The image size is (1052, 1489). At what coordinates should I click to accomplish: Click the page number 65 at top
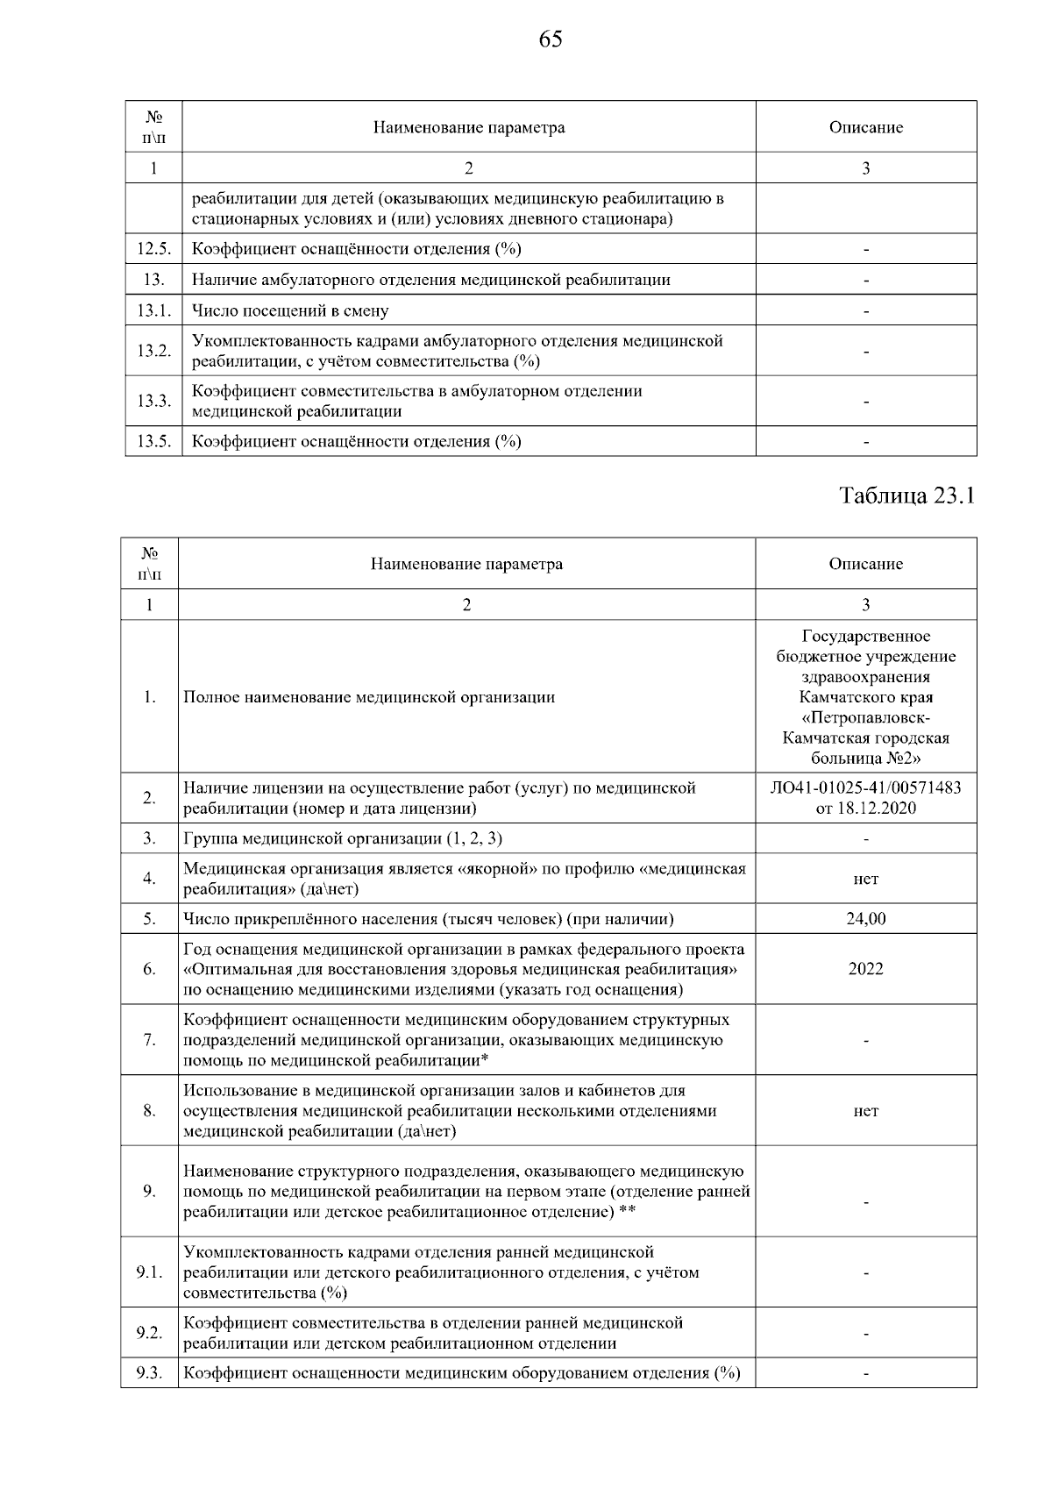(551, 39)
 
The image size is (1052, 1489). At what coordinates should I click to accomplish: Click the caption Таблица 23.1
(907, 495)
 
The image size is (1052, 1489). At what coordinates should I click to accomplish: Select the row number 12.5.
(153, 249)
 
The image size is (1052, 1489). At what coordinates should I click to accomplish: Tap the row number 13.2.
(153, 351)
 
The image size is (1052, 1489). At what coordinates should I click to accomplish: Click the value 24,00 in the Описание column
(865, 919)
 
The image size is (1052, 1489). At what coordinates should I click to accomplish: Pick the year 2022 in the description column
(865, 969)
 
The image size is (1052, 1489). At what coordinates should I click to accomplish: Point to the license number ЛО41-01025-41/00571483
(865, 787)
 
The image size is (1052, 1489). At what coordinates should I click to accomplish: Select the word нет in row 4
(865, 879)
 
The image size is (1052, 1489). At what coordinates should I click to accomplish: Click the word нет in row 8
(865, 1111)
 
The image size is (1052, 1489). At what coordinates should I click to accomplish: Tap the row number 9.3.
(150, 1373)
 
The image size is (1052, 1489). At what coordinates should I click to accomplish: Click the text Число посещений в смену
(290, 310)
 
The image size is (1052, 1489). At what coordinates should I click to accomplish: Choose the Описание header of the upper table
(865, 127)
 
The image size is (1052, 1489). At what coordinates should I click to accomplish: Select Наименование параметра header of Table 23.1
(466, 564)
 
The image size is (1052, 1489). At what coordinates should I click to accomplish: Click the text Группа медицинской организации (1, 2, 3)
(343, 838)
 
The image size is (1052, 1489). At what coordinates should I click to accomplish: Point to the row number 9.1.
(150, 1272)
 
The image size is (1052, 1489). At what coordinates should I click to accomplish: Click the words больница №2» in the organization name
(865, 759)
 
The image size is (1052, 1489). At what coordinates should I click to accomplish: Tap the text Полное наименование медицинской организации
(369, 697)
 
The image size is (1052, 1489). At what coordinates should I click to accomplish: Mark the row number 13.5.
(153, 441)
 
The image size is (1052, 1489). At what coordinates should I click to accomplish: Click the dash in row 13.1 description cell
(865, 311)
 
